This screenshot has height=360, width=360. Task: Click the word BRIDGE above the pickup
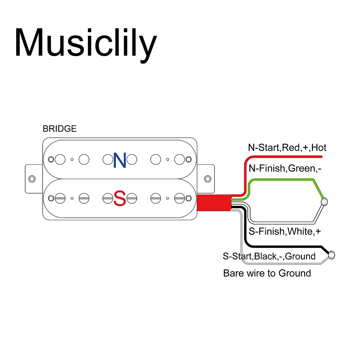point(59,129)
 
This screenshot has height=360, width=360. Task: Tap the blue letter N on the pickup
point(120,160)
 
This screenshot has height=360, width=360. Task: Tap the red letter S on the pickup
point(120,199)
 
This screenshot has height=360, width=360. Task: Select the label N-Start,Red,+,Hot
point(287,148)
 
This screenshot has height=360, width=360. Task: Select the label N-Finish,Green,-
point(285,169)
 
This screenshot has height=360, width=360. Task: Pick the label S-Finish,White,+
point(285,231)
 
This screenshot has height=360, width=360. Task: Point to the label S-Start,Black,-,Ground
point(269,256)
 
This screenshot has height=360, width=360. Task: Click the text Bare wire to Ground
point(267,273)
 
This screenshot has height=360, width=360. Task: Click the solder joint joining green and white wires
point(324,202)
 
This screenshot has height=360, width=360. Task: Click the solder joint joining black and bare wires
point(331,255)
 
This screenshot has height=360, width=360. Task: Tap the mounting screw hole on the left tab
point(32,179)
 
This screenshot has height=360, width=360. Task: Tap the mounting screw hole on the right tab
point(208,179)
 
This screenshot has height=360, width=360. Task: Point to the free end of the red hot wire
point(321,157)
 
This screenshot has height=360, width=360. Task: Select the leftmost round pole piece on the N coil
point(60,160)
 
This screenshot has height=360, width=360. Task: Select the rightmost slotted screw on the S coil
point(179,198)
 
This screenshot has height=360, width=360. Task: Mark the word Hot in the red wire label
point(319,148)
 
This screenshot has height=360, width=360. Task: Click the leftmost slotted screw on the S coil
point(60,198)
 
